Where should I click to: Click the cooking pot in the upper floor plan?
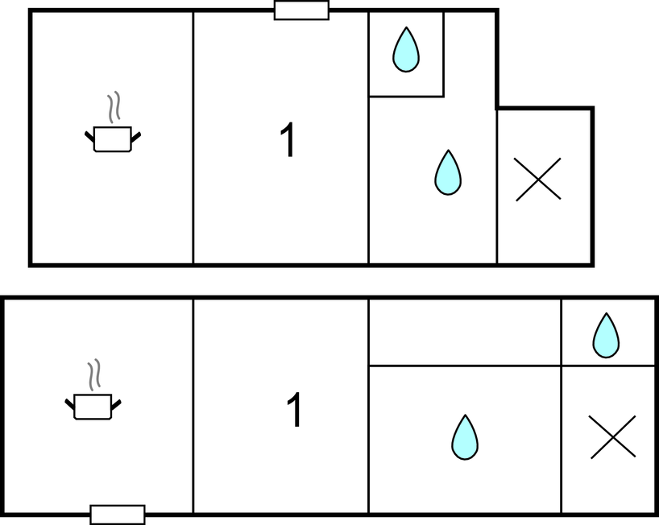click(x=113, y=126)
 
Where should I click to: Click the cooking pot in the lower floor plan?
click(x=93, y=394)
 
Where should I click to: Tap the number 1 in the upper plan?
click(x=287, y=140)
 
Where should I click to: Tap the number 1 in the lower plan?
click(x=294, y=410)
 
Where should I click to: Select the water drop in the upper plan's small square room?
click(x=406, y=50)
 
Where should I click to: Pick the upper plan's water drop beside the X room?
click(x=448, y=172)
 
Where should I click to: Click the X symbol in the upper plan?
click(x=538, y=180)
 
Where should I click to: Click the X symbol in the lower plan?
click(x=613, y=436)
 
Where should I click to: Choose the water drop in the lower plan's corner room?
click(x=606, y=335)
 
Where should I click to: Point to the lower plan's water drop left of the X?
click(x=465, y=437)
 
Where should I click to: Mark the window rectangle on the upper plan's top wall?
click(x=301, y=10)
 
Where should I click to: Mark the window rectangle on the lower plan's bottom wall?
click(x=118, y=515)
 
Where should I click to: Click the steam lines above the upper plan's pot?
click(x=114, y=107)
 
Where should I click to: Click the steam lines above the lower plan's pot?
click(x=94, y=374)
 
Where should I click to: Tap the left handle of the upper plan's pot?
click(x=89, y=137)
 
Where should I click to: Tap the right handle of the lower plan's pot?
click(x=117, y=404)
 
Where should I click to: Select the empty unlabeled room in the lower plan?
click(x=465, y=332)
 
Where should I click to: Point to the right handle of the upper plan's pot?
click(x=136, y=137)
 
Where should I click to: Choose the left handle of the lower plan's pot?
click(x=70, y=404)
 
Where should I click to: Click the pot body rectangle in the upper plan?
click(x=113, y=139)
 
